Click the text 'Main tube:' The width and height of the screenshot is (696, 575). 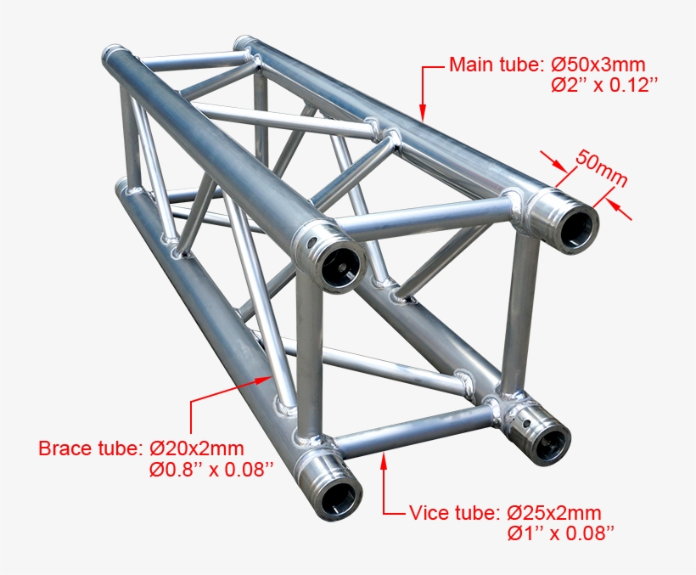tap(495, 64)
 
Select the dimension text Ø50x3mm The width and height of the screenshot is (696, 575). tap(598, 64)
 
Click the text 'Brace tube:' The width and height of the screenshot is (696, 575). tap(91, 448)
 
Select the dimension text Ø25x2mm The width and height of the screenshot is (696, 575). tap(554, 513)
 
